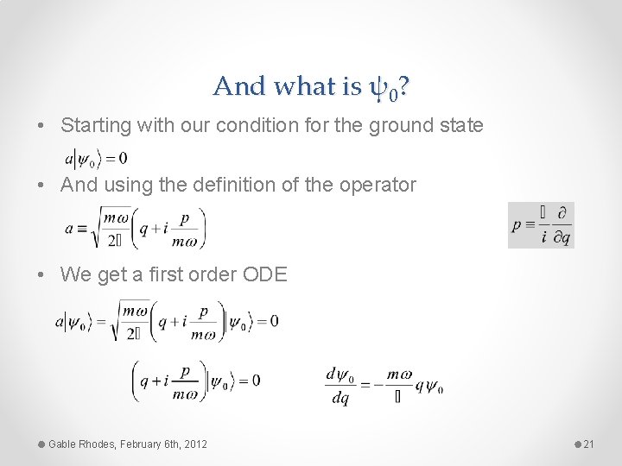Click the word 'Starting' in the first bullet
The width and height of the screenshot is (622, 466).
pyautogui.click(x=91, y=126)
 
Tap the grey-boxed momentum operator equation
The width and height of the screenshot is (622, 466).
pyautogui.click(x=541, y=225)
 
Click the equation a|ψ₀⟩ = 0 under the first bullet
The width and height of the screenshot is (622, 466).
pyautogui.click(x=96, y=159)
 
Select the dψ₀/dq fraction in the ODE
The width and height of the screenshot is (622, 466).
pyautogui.click(x=343, y=385)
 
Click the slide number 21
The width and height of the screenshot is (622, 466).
pyautogui.click(x=589, y=444)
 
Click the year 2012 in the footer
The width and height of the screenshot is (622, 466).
pyautogui.click(x=194, y=444)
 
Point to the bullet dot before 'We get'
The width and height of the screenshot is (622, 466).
pyautogui.click(x=42, y=274)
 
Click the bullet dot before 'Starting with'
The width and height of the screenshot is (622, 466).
pyautogui.click(x=42, y=126)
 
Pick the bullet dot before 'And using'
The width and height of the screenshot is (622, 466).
pyautogui.click(x=42, y=185)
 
